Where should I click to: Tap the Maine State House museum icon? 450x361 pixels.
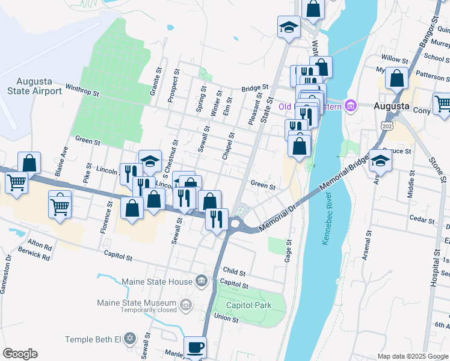click(202, 281)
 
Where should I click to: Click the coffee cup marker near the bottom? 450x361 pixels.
click(194, 347)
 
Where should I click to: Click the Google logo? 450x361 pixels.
click(20, 354)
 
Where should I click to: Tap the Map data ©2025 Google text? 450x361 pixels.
click(413, 356)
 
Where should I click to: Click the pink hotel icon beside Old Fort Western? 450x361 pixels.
click(351, 106)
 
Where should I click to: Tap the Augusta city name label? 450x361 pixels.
click(392, 106)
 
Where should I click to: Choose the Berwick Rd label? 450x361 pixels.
click(34, 255)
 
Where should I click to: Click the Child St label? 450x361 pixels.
click(234, 272)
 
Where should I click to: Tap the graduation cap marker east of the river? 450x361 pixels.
click(380, 161)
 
